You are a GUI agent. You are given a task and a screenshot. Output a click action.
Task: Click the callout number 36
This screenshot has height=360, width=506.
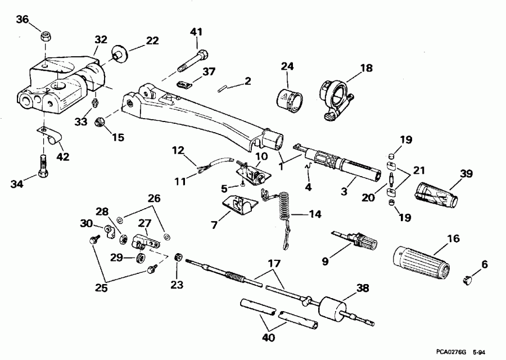pos(22,20)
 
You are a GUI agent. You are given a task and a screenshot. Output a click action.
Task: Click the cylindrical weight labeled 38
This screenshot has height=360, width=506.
pos(332,309)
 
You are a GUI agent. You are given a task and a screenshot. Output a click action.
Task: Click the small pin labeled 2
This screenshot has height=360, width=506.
pos(223,88)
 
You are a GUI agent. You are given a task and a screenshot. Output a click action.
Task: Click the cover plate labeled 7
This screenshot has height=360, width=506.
pos(237,206)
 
